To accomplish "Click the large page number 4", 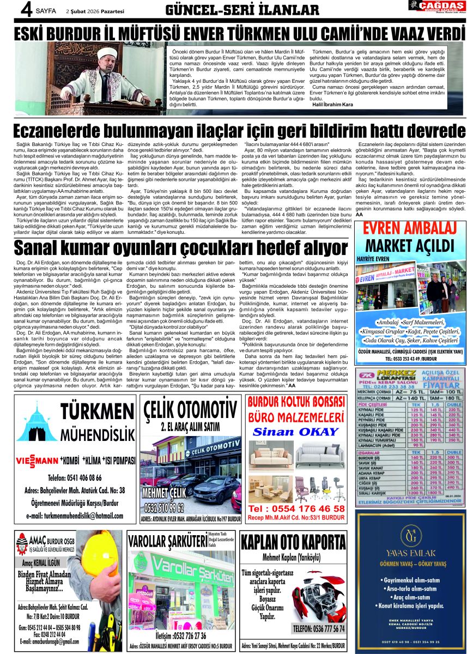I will [10, 9].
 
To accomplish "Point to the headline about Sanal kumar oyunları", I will [177, 248].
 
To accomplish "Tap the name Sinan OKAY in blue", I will [296, 432].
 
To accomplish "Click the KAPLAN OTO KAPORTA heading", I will [294, 543].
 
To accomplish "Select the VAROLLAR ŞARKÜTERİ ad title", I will [167, 541].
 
